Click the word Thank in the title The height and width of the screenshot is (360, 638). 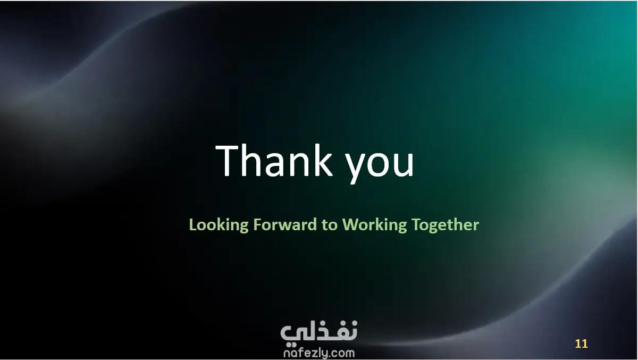click(x=274, y=161)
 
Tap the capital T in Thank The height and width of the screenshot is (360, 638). click(x=226, y=161)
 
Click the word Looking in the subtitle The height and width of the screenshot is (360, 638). click(x=219, y=225)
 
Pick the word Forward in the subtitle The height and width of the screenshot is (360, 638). click(x=285, y=224)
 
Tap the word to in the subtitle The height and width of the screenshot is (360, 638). click(x=330, y=225)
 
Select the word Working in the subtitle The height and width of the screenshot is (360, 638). click(x=374, y=225)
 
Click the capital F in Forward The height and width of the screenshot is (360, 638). click(x=257, y=224)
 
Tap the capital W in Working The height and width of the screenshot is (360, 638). click(x=349, y=224)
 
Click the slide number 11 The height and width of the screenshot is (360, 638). click(x=581, y=344)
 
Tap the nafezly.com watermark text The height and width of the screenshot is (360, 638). click(x=319, y=353)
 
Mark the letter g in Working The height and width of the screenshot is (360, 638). click(x=401, y=227)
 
